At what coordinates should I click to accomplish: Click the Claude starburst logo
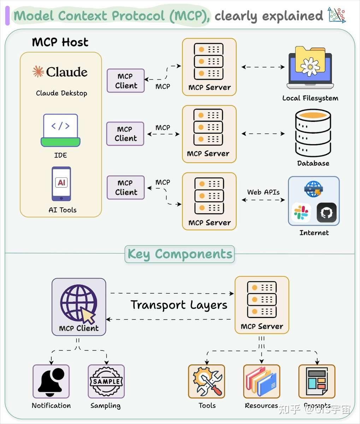coord(38,72)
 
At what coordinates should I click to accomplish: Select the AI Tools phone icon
coord(61,184)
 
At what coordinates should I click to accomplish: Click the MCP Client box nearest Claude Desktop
coord(126,81)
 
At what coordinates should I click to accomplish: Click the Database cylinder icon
coord(313,133)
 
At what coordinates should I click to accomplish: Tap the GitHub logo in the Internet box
coord(326,212)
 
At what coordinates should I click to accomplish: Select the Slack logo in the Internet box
coord(301,212)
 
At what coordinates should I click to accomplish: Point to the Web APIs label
coord(263,192)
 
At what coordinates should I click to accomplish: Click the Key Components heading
coord(179,254)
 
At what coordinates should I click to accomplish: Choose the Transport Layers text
coord(179,305)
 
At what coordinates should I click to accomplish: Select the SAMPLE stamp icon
coord(106,382)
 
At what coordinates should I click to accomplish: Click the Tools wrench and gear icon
coord(207,382)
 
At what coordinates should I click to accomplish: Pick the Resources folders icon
coord(261,382)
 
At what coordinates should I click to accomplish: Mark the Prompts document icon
coord(317,382)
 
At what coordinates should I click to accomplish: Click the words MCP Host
coord(60,42)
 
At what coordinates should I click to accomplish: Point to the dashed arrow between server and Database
coord(263,134)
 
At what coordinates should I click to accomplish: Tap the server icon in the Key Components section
coord(262,299)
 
